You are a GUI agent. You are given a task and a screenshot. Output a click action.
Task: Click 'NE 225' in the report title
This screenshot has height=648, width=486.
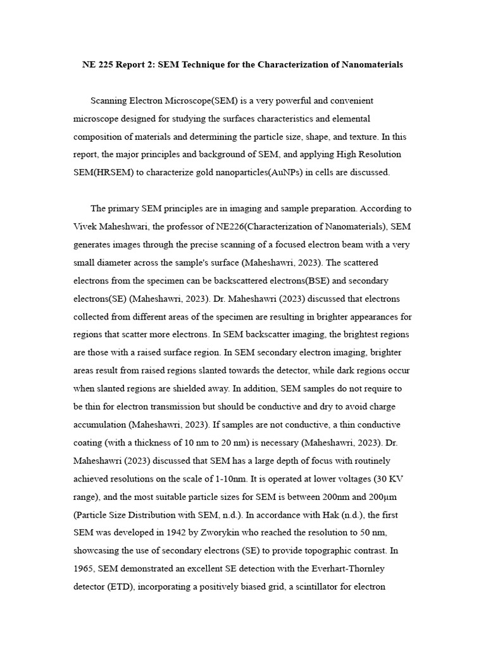click(x=97, y=65)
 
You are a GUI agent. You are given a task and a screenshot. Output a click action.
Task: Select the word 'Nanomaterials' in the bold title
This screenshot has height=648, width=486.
click(x=371, y=65)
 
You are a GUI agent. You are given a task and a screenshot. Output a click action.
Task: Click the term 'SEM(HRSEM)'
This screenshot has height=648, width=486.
click(x=99, y=172)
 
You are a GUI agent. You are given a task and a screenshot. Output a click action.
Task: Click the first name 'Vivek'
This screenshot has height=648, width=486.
click(x=86, y=226)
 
